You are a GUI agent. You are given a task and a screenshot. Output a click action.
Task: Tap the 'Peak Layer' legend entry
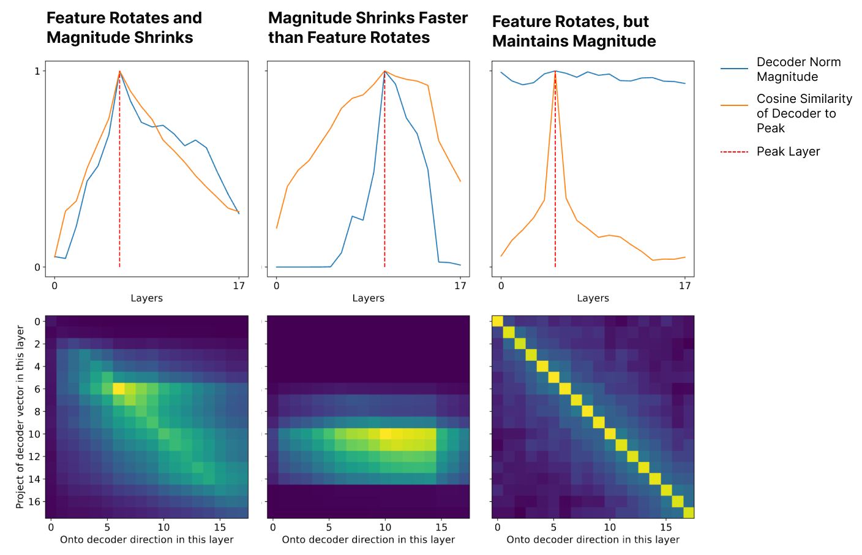(770, 151)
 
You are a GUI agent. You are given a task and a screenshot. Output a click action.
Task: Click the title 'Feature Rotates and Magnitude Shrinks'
(124, 28)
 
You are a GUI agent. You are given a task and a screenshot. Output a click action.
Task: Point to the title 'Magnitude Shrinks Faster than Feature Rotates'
(368, 28)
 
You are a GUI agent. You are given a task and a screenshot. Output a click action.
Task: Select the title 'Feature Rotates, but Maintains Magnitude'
(574, 31)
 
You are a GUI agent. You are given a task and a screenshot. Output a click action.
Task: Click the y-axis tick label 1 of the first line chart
(37, 71)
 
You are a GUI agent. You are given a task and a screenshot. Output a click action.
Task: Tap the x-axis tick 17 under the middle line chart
(460, 286)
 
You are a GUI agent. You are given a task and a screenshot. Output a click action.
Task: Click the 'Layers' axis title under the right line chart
(593, 298)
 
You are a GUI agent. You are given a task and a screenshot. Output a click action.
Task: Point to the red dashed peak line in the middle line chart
(384, 169)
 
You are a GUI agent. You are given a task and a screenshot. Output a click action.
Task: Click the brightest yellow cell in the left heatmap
(119, 388)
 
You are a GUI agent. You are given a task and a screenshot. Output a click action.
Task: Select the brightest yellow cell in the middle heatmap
(385, 434)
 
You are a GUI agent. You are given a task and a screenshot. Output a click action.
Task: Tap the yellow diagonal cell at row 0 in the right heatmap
(498, 321)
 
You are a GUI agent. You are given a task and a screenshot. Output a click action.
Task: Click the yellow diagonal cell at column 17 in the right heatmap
(689, 513)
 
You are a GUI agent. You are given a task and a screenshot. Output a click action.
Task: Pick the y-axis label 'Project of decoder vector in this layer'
(20, 417)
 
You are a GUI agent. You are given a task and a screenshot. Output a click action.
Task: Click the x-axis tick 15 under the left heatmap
(220, 527)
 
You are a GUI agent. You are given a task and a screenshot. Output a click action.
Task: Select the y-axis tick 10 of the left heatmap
(35, 434)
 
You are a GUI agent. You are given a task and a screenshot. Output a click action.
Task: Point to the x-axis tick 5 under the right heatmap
(553, 527)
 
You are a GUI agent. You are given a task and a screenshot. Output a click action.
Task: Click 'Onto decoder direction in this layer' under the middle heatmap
(369, 540)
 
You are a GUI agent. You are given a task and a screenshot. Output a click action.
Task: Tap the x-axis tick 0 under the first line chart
(54, 286)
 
